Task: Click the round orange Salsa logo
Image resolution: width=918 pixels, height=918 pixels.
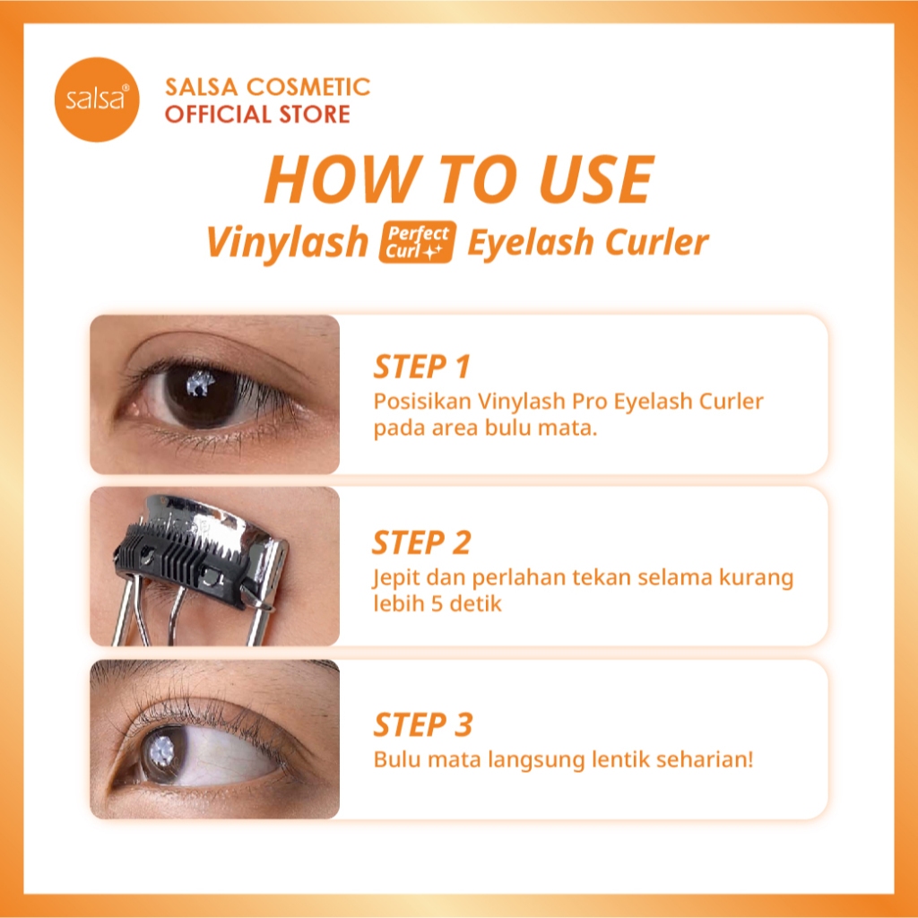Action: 97,100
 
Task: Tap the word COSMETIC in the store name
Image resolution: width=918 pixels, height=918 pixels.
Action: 308,87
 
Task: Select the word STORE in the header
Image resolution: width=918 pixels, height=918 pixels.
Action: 315,114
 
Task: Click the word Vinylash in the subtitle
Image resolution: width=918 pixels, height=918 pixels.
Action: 287,242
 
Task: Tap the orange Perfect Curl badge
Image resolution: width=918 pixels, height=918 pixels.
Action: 418,242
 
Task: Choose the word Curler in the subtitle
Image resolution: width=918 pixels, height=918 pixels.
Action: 656,242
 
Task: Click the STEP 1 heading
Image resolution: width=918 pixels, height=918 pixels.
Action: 421,367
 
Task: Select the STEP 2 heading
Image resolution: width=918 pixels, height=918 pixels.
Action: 421,542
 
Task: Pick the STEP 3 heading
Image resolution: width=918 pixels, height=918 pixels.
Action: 423,724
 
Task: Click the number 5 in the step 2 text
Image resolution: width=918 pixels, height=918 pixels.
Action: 437,603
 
